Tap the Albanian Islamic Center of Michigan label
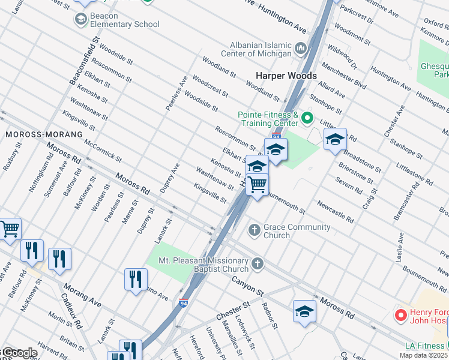[262, 50]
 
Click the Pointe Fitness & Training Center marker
[308, 117]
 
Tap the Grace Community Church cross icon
[254, 229]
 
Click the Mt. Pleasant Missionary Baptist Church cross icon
[258, 263]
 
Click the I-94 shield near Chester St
[183, 304]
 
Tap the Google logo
[19, 353]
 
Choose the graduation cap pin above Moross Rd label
[304, 311]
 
